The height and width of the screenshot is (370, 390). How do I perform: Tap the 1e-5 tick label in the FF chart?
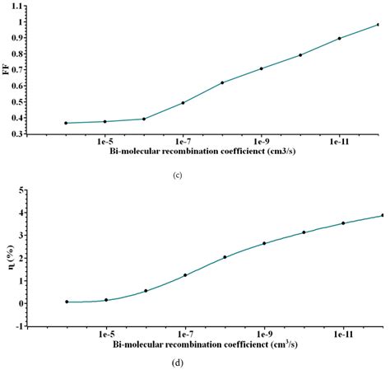pyautogui.click(x=106, y=143)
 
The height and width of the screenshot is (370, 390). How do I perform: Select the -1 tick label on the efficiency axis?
pyautogui.click(x=41, y=326)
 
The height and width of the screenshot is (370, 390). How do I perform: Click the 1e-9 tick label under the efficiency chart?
pyautogui.click(x=263, y=334)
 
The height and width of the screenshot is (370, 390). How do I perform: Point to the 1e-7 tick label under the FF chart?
pyautogui.click(x=185, y=143)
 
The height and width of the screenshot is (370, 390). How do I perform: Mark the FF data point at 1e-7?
pyautogui.click(x=183, y=103)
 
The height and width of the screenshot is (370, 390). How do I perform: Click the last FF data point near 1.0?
pyautogui.click(x=378, y=25)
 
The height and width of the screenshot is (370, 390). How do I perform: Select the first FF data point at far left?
pyautogui.click(x=66, y=123)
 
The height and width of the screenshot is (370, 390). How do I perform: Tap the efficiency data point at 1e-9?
pyautogui.click(x=264, y=243)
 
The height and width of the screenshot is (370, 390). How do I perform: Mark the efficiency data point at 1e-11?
pyautogui.click(x=343, y=222)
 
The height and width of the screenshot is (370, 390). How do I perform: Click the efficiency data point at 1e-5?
pyautogui.click(x=106, y=300)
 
